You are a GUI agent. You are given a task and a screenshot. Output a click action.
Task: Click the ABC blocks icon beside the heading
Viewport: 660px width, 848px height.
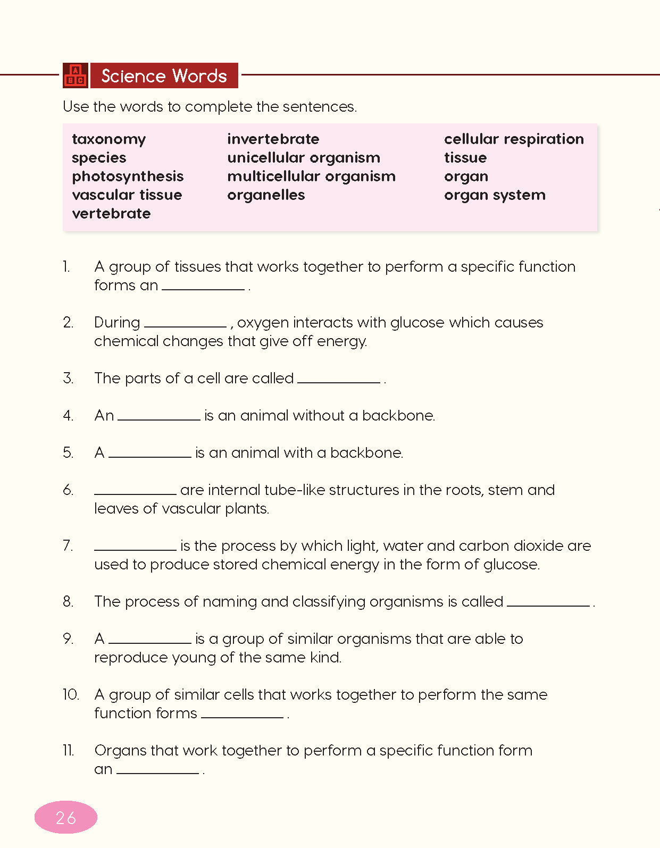coord(75,75)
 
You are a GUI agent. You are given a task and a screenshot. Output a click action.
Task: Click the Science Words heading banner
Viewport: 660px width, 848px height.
coord(164,75)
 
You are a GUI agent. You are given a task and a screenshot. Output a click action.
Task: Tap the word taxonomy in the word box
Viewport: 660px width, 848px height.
coord(108,139)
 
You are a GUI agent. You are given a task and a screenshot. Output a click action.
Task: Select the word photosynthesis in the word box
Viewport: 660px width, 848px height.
coord(128,177)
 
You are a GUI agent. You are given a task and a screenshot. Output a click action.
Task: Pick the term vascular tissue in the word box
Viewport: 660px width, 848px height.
coord(127,195)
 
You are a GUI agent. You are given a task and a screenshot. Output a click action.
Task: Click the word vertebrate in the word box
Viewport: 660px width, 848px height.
coord(111,214)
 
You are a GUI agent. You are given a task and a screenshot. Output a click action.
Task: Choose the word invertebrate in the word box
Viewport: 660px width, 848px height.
coord(273,139)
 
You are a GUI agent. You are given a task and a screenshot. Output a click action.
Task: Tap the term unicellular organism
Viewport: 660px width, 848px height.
coord(303,158)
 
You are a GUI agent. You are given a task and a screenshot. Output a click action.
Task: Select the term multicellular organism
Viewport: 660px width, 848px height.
coord(311,177)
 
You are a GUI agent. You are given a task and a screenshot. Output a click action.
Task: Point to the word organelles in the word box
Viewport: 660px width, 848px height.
coord(266,195)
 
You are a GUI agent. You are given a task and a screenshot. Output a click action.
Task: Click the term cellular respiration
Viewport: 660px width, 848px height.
coord(514,139)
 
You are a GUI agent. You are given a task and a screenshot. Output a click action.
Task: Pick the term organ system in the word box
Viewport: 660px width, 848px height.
coord(495,195)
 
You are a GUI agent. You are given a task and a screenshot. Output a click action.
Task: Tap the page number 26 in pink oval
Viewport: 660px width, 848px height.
coord(66,817)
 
